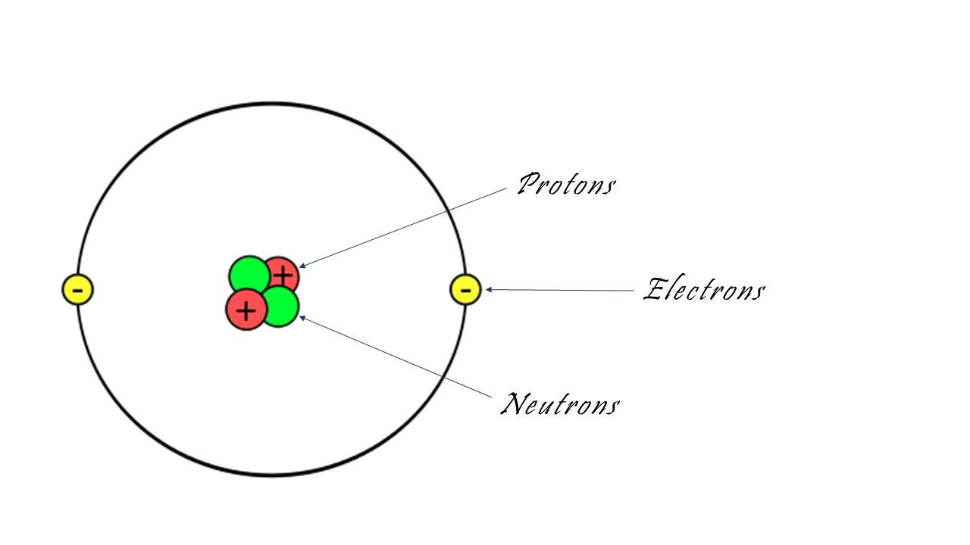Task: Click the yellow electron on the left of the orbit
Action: tap(77, 289)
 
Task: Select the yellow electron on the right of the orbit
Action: tap(465, 289)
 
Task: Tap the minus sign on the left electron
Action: tap(77, 290)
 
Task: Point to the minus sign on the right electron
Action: tap(465, 290)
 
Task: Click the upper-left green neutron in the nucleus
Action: tap(249, 276)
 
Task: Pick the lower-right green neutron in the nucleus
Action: tap(280, 307)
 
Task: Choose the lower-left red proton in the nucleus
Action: tap(246, 310)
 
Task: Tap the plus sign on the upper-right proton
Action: tap(283, 275)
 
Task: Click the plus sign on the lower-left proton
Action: tap(246, 311)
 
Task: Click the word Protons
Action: tap(566, 184)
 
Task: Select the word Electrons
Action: tap(704, 288)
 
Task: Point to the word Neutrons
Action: tap(560, 404)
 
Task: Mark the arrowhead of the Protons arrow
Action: tap(302, 266)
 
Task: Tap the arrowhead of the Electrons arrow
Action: tap(488, 289)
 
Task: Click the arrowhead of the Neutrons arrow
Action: tap(302, 318)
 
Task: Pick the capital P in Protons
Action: tap(529, 183)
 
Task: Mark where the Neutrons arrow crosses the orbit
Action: tap(443, 377)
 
